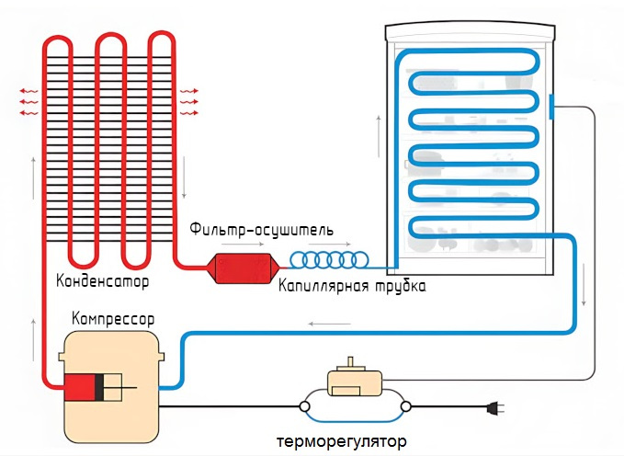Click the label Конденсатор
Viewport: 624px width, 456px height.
(x=102, y=279)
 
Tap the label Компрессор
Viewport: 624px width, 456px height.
(x=113, y=319)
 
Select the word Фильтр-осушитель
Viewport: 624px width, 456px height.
(x=261, y=228)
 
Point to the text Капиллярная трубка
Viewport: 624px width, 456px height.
(x=352, y=286)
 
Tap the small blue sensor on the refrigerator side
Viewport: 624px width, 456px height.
(x=551, y=107)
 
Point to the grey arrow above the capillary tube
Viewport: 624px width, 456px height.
(x=336, y=245)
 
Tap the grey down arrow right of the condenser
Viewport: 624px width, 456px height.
(x=186, y=180)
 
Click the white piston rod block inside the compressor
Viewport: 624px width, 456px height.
(x=115, y=388)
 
